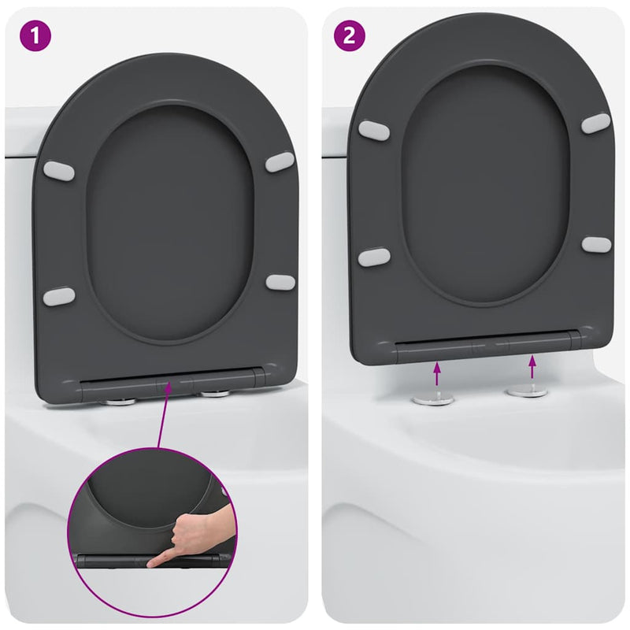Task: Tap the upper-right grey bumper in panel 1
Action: coord(280,162)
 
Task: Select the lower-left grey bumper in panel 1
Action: coord(59,296)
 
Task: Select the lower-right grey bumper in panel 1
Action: coord(280,281)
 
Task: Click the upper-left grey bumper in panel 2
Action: coord(372,129)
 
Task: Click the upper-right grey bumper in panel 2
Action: coord(596,123)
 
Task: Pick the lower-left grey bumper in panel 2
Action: coord(372,257)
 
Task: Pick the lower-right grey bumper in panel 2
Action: coord(596,244)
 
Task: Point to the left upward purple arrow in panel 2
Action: coord(437,371)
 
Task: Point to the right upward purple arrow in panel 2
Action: coord(532,367)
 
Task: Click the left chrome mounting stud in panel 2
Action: coord(432,398)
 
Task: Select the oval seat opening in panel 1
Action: coord(169,224)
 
